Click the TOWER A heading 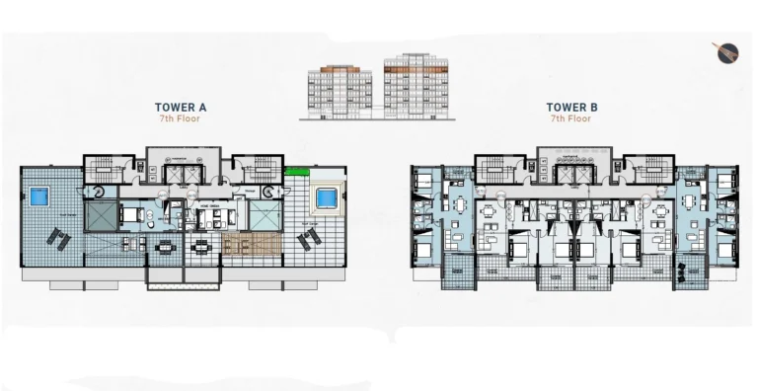pos(180,107)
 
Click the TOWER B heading pos(572,107)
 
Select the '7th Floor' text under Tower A pos(180,118)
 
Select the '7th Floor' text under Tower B pos(572,118)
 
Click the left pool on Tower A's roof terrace pos(38,197)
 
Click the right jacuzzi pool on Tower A pos(326,198)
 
